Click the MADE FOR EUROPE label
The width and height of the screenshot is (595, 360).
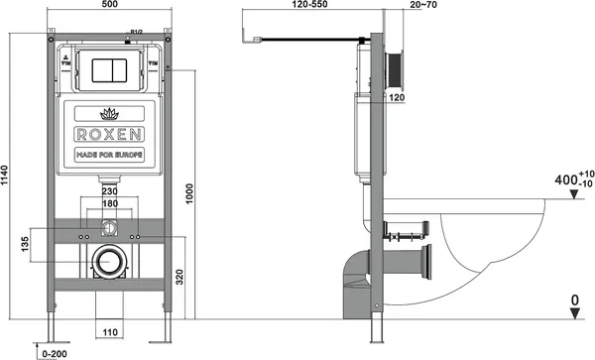click(x=110, y=157)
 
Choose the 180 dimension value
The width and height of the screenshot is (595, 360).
click(x=109, y=204)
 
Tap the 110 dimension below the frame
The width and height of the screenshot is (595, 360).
click(x=109, y=333)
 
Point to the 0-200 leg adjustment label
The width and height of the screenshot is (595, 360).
click(x=56, y=352)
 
